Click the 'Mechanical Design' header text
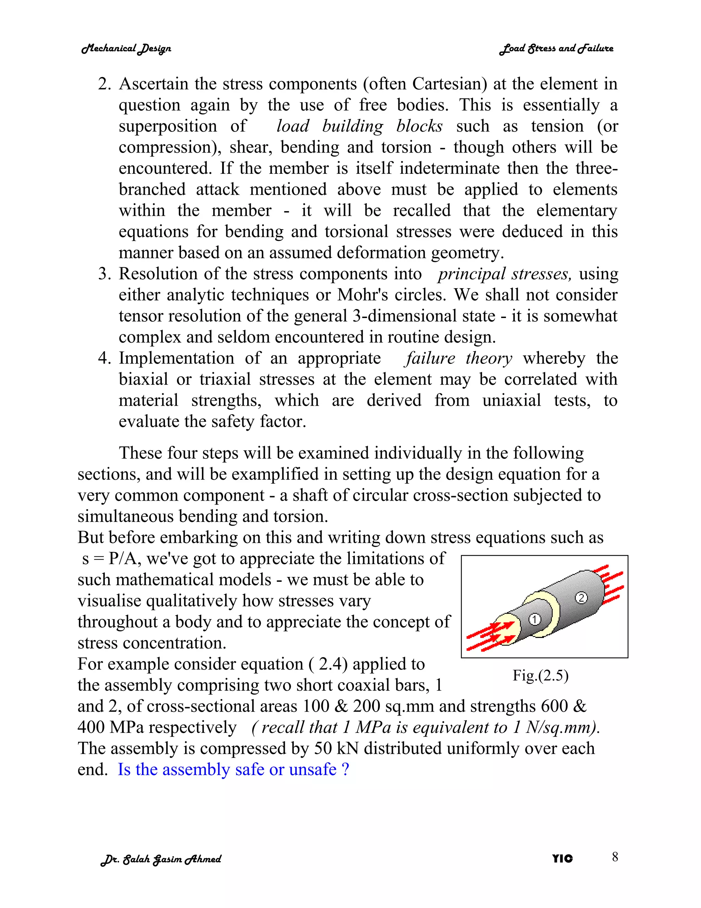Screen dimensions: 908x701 point(126,49)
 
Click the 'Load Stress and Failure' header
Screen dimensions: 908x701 point(556,49)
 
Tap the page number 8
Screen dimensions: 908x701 point(615,857)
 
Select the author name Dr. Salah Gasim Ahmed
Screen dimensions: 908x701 point(161,859)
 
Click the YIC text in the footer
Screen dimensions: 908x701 point(562,859)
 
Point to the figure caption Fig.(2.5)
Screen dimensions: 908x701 point(540,675)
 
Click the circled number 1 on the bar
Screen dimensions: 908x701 point(534,619)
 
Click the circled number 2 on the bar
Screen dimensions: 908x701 point(581,598)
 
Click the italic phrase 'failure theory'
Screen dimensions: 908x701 point(458,358)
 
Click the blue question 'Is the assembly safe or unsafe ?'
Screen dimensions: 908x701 point(233,770)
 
